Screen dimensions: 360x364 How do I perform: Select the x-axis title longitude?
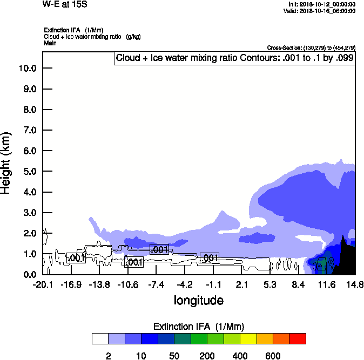[x=198, y=300]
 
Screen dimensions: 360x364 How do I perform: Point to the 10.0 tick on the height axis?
[x=28, y=69]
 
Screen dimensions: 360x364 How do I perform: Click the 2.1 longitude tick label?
[x=241, y=284]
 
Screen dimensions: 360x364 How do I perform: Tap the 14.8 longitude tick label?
[x=355, y=284]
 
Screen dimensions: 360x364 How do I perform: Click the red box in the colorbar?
[x=297, y=338]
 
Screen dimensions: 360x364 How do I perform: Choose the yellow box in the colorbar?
[x=248, y=338]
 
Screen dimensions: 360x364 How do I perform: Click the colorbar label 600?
[x=273, y=356]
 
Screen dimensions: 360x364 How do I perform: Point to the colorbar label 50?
[x=174, y=356]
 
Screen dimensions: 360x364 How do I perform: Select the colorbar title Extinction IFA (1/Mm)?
[x=198, y=327]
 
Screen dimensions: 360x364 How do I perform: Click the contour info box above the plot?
[x=234, y=58]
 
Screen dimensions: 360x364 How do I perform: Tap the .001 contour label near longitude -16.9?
[x=77, y=258]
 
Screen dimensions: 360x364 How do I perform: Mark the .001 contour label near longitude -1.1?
[x=209, y=258]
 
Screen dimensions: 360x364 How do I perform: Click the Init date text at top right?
[x=321, y=4]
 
